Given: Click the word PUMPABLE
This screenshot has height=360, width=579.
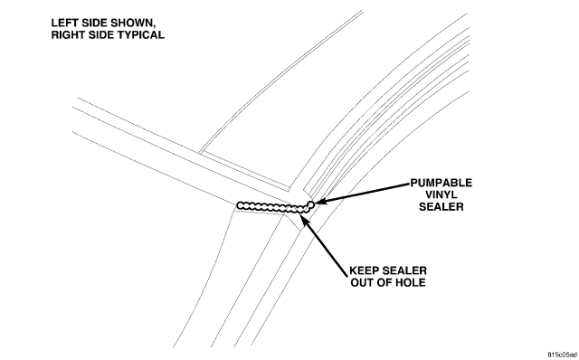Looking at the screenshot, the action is pyautogui.click(x=441, y=183).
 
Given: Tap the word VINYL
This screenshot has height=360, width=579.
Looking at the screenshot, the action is pyautogui.click(x=441, y=195).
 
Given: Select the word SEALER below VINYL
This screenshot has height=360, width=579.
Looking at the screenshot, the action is pyautogui.click(x=441, y=207).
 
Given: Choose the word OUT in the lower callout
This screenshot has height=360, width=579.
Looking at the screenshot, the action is pyautogui.click(x=364, y=282).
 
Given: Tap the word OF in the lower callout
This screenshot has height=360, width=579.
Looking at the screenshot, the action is pyautogui.click(x=387, y=282).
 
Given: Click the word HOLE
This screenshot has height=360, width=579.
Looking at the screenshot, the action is pyautogui.click(x=412, y=282).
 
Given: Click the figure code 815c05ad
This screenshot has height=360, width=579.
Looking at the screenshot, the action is pyautogui.click(x=563, y=355).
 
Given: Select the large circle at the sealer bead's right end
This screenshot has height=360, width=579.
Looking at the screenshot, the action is pyautogui.click(x=311, y=204).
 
